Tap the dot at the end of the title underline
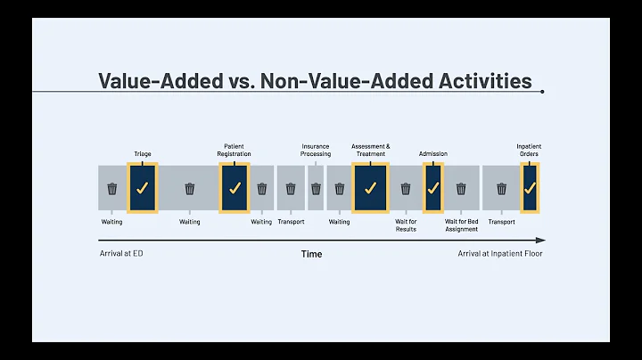click(542, 91)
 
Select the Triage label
click(142, 154)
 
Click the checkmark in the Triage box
click(142, 188)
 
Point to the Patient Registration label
click(235, 150)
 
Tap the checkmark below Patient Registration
click(235, 188)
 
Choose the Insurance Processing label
click(316, 150)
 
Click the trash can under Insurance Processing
click(316, 188)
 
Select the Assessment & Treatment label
click(370, 150)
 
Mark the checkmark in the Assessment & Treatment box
click(370, 188)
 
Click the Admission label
click(432, 154)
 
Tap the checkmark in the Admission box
click(432, 188)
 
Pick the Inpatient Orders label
click(529, 150)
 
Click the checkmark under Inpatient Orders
click(530, 188)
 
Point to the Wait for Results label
click(406, 225)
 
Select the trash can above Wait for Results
click(406, 188)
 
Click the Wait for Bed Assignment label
click(461, 225)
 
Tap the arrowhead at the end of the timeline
click(540, 241)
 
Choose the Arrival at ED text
click(120, 254)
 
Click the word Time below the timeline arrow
click(311, 254)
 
